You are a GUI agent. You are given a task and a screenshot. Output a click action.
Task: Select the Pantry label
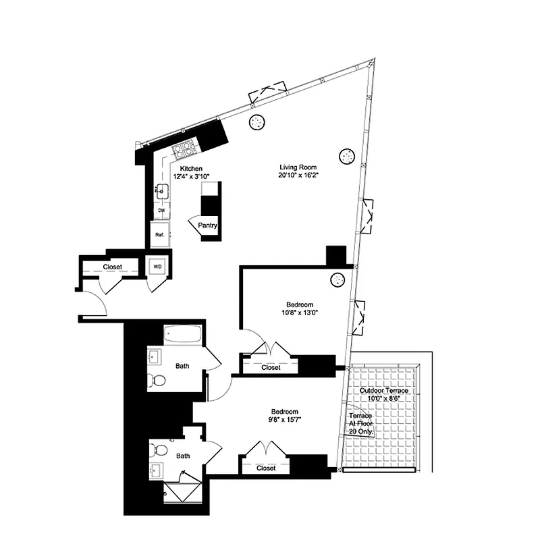[208, 227]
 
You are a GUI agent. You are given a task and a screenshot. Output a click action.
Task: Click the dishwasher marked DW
[161, 211]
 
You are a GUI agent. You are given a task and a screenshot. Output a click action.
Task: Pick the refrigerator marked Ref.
[160, 235]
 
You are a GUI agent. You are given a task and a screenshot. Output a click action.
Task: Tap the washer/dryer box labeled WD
[158, 267]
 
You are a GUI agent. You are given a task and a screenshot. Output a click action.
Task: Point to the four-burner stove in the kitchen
[184, 148]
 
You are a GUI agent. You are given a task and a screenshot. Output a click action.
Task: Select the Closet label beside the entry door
[113, 267]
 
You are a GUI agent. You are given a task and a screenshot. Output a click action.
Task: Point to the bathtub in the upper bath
[182, 334]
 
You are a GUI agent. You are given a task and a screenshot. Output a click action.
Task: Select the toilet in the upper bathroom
[157, 381]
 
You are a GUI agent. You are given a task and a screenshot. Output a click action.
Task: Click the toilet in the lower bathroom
[158, 449]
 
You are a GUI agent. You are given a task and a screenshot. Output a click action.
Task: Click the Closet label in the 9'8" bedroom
[266, 468]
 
